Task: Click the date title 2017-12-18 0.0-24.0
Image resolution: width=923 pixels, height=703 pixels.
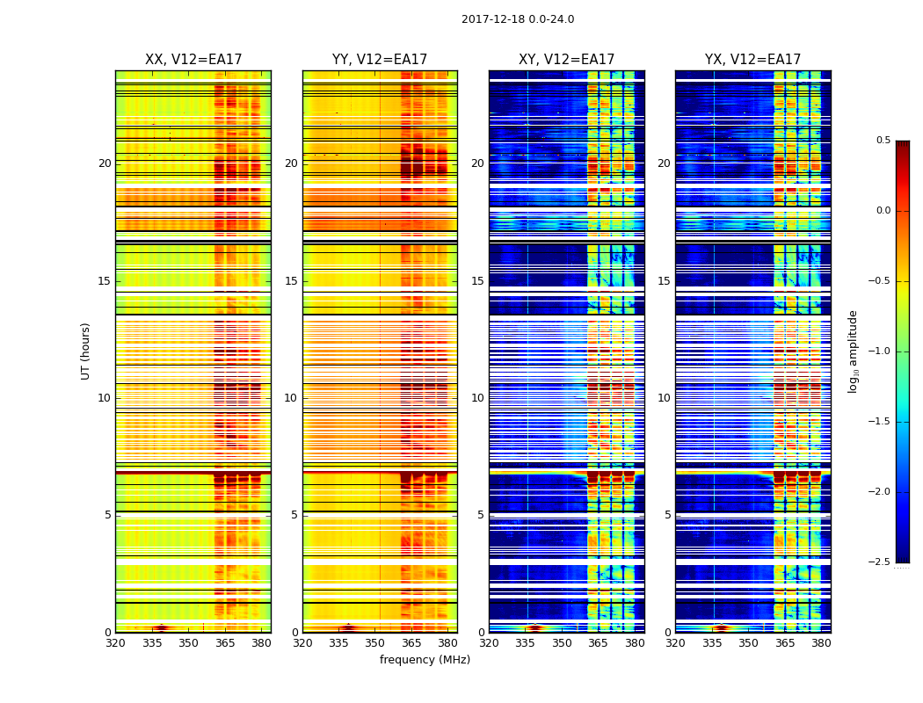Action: tap(518, 19)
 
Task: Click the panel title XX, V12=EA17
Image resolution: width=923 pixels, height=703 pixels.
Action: tap(193, 60)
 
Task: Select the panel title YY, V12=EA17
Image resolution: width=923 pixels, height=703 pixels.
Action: tap(380, 60)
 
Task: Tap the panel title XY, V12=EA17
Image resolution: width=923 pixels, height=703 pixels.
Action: tap(566, 60)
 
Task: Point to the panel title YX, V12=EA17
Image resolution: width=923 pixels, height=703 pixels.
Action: tap(752, 60)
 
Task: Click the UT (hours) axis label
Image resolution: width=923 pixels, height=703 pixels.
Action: tap(86, 351)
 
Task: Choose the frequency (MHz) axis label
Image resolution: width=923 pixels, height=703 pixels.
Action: tap(425, 660)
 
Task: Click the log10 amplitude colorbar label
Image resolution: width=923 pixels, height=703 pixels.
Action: tap(853, 351)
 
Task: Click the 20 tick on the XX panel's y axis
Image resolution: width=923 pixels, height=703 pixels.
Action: tap(105, 163)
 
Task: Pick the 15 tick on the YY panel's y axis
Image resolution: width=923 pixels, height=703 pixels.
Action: tap(291, 281)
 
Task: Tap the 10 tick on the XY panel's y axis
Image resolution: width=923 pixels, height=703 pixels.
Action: tap(477, 398)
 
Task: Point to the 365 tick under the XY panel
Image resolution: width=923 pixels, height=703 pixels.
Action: tap(598, 642)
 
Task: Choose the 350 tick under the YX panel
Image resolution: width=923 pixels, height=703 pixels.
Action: tap(748, 642)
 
